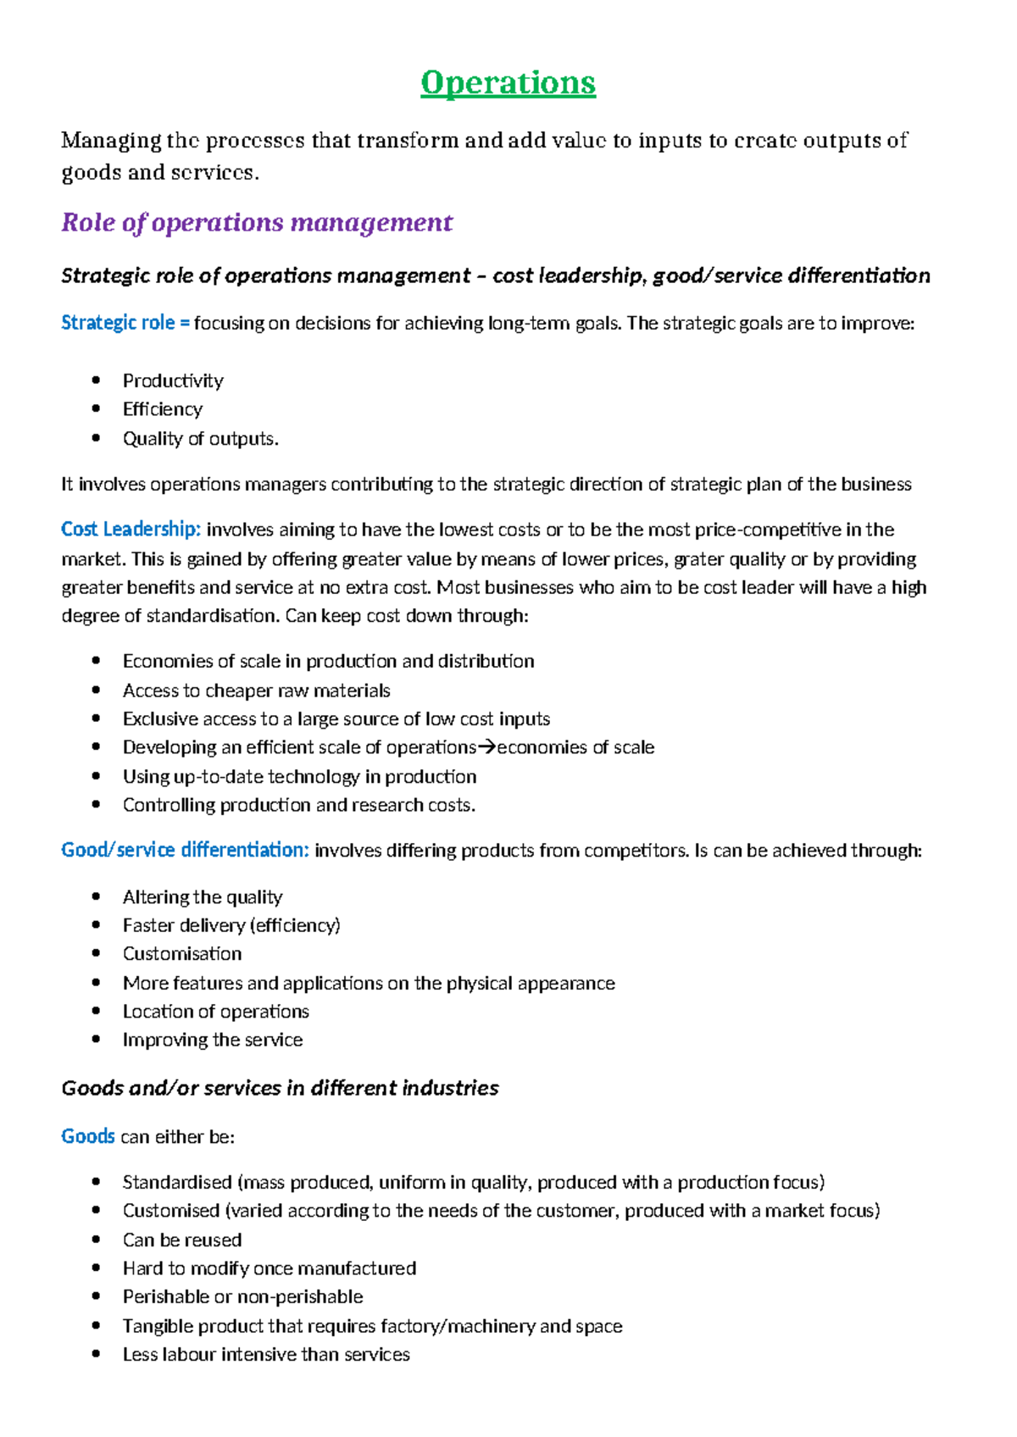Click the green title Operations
tap(508, 83)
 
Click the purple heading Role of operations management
tap(257, 223)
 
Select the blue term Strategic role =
tap(125, 323)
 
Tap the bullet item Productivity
tap(173, 380)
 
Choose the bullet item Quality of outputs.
tap(200, 439)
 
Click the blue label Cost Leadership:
tap(131, 530)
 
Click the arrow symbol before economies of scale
tap(486, 747)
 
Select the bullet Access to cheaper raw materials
tap(256, 691)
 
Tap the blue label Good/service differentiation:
tap(185, 850)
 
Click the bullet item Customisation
tap(182, 954)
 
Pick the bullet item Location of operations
tap(215, 1012)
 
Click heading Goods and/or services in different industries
tap(280, 1088)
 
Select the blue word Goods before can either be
tap(87, 1136)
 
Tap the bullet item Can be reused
tap(182, 1240)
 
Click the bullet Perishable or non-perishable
tap(242, 1297)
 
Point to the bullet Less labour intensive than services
tap(265, 1355)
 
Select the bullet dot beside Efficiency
tap(97, 409)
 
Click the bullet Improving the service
tap(212, 1040)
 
